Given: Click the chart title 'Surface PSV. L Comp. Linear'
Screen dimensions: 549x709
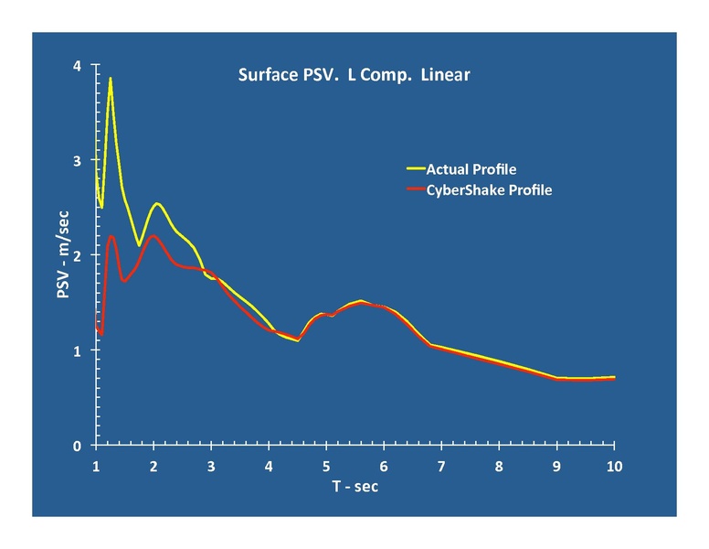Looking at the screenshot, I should pos(354,75).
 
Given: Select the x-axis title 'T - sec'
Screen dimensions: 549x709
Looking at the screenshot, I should pos(354,486).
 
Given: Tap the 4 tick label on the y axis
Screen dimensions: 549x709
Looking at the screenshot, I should pos(78,66).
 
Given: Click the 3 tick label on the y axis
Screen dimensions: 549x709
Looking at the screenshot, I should pos(78,161).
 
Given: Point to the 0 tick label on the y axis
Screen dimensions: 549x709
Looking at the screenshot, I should pos(78,446).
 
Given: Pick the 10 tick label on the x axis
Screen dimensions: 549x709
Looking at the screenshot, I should pos(614,467).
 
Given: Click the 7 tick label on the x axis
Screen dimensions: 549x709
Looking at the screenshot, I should pos(441,467).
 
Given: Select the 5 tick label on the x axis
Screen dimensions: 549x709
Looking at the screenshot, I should pos(326,467).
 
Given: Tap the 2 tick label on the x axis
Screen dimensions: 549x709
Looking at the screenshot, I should pos(153,467).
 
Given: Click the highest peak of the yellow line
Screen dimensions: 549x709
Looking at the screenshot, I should pos(111,79).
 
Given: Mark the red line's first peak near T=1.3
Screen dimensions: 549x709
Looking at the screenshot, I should pos(111,236).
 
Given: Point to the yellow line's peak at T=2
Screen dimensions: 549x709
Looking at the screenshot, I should pos(157,203).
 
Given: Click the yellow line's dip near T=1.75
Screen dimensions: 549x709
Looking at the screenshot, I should pos(139,245).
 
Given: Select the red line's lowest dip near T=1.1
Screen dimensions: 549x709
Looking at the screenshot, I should pos(101,335).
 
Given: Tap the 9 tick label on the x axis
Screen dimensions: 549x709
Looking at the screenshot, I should pos(556,467).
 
